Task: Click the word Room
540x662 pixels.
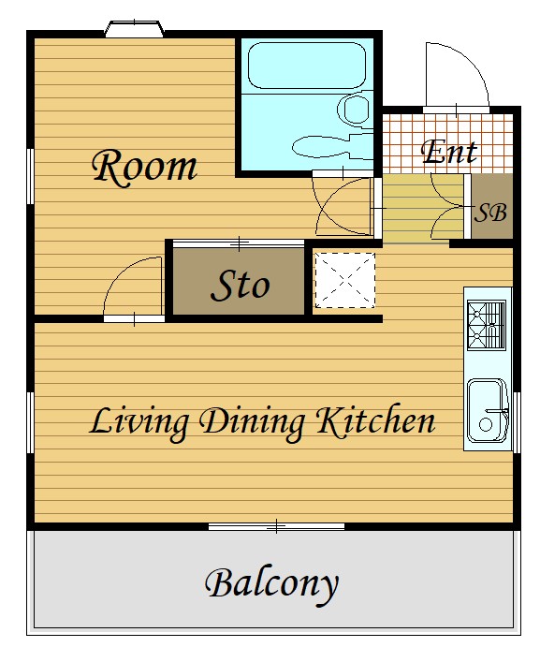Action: tap(144, 167)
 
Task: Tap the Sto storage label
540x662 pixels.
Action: tap(240, 285)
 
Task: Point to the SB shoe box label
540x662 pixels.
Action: tap(490, 213)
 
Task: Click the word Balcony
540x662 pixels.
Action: tap(271, 584)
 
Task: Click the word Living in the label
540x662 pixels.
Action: tap(139, 423)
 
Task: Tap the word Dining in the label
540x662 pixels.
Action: tap(252, 423)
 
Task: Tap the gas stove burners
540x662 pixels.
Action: tap(487, 325)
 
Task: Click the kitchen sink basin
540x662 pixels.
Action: tap(488, 410)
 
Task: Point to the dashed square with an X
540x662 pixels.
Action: tap(345, 280)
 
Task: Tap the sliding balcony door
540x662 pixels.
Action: tap(276, 526)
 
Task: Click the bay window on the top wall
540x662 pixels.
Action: tap(134, 29)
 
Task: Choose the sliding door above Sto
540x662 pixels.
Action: tap(239, 243)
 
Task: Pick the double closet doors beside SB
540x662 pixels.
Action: tap(448, 206)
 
